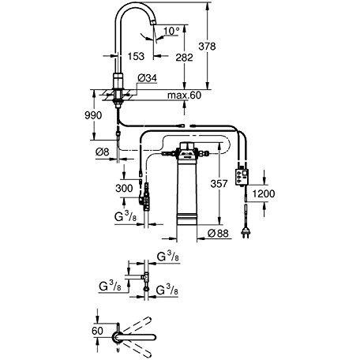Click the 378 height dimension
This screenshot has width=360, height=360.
point(207,47)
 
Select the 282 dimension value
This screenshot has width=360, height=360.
point(184,58)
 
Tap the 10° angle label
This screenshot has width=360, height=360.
point(171,31)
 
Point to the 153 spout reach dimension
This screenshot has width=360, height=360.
point(136,56)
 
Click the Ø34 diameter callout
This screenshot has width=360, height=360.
point(147,78)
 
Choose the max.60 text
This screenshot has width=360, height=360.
point(184,95)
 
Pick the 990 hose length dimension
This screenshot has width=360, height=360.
point(93,115)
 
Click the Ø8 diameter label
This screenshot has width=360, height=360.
point(102,152)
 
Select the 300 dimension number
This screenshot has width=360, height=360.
point(124,188)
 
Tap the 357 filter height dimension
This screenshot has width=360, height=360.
point(219,183)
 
